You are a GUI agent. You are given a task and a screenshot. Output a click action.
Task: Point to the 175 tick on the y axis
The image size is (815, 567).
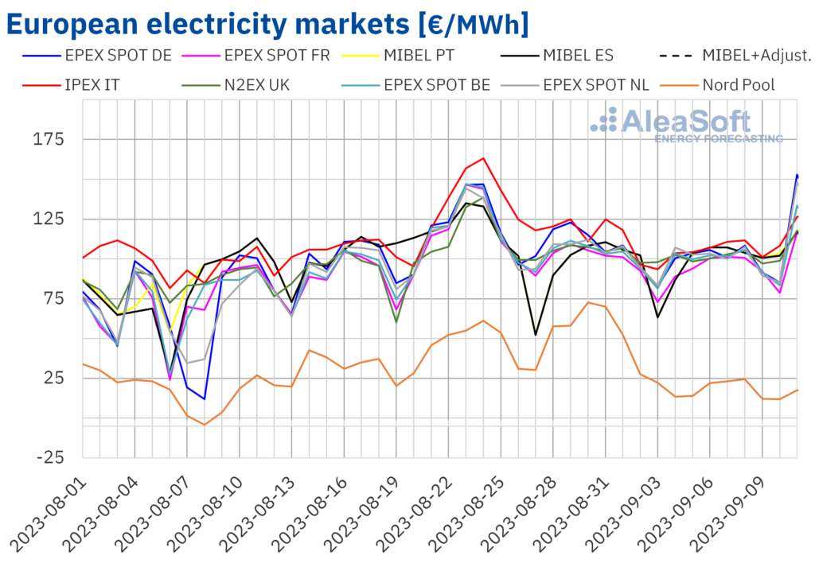click(49, 139)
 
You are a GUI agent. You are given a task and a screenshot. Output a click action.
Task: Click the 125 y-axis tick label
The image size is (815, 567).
click(49, 219)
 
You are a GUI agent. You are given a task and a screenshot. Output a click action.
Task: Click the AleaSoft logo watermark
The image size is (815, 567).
click(686, 125)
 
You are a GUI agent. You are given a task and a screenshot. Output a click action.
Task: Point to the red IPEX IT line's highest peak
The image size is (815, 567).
click(483, 158)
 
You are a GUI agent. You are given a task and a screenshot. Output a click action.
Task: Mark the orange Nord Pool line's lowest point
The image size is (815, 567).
click(205, 425)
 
